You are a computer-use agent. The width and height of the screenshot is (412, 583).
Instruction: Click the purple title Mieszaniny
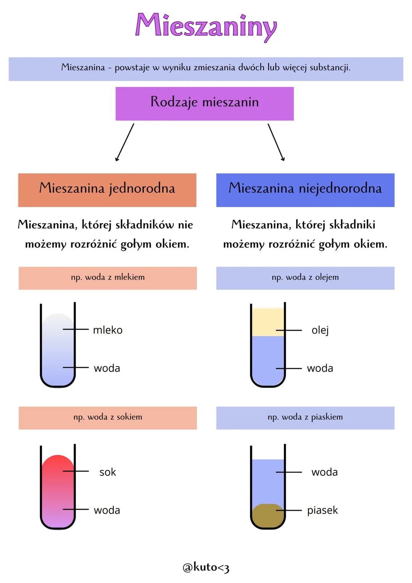[206, 26]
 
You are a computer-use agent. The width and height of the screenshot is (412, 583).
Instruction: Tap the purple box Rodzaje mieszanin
[204, 103]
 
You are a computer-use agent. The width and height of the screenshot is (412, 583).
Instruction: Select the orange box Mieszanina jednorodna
[107, 190]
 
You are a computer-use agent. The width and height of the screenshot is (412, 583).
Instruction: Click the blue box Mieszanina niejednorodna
[305, 190]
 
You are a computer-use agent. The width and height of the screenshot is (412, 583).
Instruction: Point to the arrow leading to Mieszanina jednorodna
[125, 142]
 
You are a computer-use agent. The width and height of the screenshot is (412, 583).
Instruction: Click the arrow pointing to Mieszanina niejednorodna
[276, 142]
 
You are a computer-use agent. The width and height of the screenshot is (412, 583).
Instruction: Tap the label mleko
[108, 330]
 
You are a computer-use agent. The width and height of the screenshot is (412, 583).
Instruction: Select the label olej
[320, 330]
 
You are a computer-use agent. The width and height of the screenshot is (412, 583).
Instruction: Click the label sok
[108, 472]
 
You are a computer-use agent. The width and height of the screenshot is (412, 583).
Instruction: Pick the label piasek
[323, 511]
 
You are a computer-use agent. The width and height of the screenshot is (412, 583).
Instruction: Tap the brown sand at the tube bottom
[267, 515]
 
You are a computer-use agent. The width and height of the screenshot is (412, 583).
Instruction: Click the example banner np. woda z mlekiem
[108, 278]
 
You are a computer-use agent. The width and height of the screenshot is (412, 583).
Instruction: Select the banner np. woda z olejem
[305, 278]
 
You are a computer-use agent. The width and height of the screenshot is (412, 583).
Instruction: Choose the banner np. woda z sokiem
[108, 417]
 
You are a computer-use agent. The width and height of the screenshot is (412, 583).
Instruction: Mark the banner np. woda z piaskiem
[305, 417]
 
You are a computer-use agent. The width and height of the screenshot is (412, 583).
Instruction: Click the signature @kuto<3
[206, 567]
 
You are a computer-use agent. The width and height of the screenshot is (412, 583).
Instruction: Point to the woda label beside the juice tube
[107, 511]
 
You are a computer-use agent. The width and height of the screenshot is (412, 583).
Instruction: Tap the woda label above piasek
[325, 472]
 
